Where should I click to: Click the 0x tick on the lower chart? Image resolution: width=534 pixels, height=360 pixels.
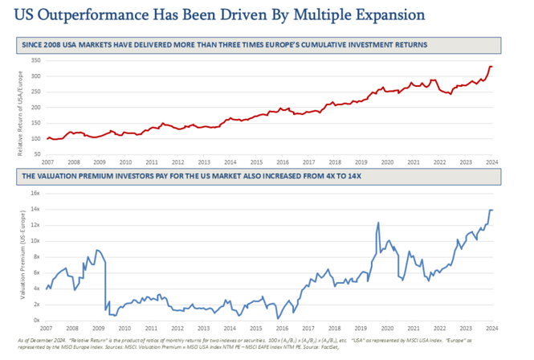[x=38, y=321]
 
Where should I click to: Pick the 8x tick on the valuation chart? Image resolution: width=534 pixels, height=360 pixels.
[x=38, y=257]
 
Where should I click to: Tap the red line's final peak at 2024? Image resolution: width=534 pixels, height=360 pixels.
[x=491, y=67]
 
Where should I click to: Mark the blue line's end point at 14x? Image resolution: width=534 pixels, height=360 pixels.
[x=491, y=210]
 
